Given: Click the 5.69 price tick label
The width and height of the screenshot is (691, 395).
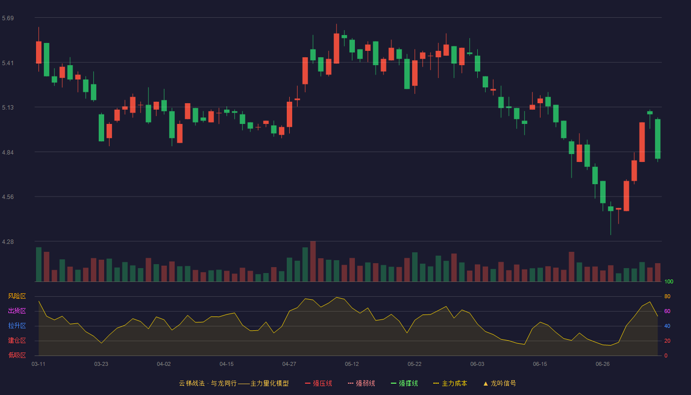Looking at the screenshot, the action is [8, 18].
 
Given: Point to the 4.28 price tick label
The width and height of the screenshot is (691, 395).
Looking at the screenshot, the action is [8, 241].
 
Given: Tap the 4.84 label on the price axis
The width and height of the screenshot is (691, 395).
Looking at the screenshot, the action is [8, 152].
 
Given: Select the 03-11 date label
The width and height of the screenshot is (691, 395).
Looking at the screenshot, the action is [38, 364].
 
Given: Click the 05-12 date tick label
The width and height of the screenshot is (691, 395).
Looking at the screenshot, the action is [351, 364].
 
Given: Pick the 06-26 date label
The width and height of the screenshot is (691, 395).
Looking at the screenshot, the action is [603, 364].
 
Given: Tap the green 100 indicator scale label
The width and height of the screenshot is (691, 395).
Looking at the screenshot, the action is [669, 281].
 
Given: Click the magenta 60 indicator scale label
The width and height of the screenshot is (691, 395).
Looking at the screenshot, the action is [667, 311].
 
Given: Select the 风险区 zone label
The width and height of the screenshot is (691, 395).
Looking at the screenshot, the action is [17, 296].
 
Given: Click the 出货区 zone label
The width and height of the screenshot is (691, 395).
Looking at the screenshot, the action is [17, 311].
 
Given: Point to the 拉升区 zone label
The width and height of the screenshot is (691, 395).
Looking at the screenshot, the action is [17, 325].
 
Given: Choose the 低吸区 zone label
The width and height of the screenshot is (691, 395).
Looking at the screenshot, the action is [17, 355].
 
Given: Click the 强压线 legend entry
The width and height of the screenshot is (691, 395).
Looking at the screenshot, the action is [318, 383].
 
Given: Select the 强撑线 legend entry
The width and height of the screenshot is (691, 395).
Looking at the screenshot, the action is [404, 383].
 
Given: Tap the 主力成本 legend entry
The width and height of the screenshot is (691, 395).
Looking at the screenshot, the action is [450, 383].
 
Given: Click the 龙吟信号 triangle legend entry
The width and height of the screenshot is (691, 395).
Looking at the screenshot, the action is [499, 383].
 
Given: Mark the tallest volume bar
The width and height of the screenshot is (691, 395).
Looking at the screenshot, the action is [313, 261].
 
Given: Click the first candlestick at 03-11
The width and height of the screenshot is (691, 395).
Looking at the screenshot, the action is [38, 49].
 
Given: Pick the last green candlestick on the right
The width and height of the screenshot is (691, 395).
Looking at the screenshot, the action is [657, 139].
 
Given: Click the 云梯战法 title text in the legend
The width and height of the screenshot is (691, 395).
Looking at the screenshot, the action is [192, 383].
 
